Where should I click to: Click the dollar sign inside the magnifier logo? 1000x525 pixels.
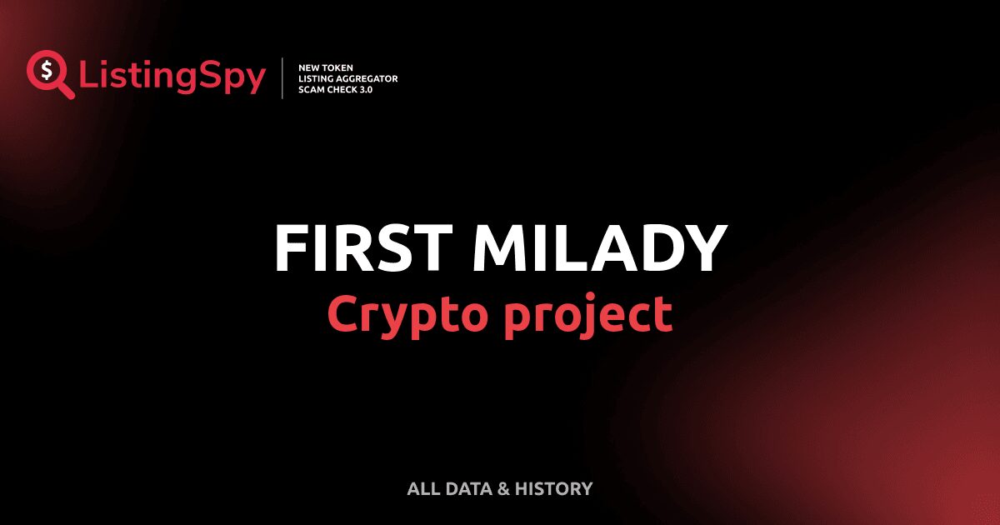click(47, 69)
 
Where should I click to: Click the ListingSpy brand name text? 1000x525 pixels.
click(172, 77)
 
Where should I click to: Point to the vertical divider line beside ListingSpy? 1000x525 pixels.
click(282, 78)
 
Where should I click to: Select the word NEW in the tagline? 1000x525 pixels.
click(309, 67)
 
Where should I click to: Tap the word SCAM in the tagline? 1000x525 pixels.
click(312, 89)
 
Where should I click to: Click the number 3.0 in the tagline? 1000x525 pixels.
click(367, 89)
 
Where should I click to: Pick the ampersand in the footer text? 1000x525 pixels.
click(502, 489)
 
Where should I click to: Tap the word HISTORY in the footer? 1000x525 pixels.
click(554, 489)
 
